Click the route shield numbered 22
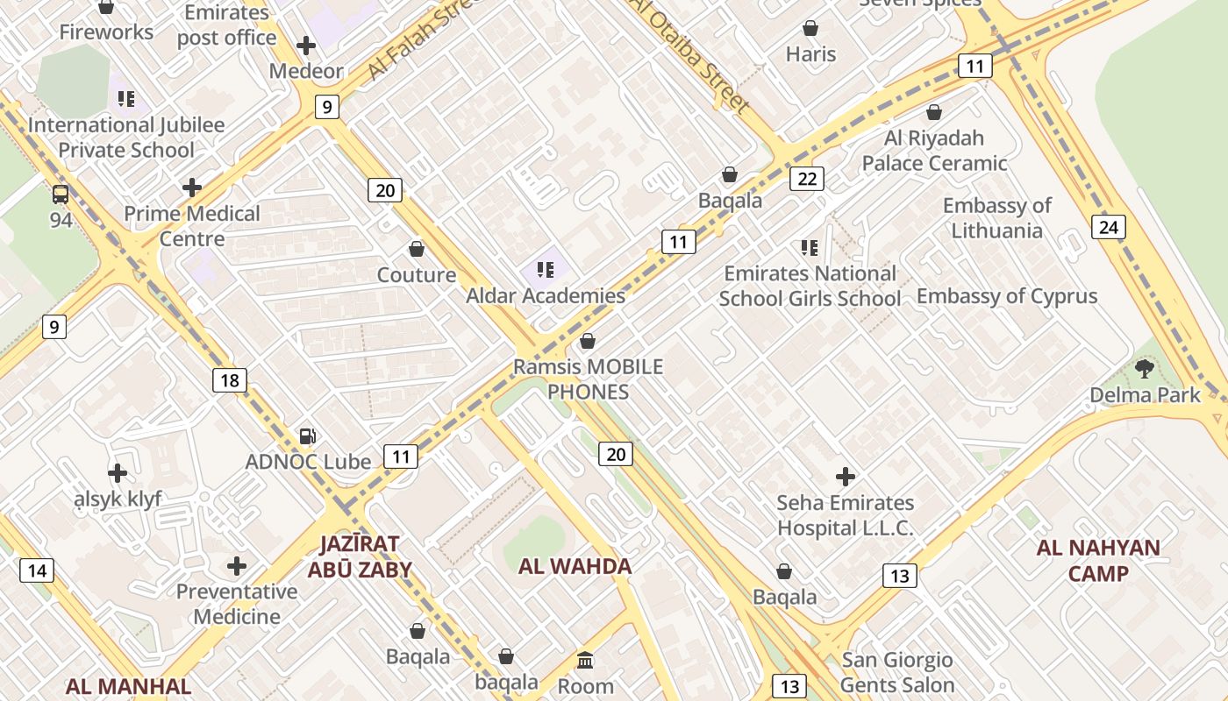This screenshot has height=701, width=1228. [x=806, y=180]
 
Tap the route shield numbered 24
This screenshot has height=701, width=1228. [x=1109, y=228]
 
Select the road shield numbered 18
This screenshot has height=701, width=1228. [x=229, y=380]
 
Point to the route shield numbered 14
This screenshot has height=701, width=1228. [x=37, y=571]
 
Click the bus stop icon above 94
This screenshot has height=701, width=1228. [x=61, y=195]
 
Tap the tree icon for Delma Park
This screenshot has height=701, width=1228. [x=1144, y=368]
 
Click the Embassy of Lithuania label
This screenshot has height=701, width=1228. [x=996, y=218]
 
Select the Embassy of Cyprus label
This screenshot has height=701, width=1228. [x=1007, y=296]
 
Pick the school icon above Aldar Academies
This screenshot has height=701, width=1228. [x=546, y=269]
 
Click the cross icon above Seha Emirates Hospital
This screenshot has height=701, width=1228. [x=845, y=477]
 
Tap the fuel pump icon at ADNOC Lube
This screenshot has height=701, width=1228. [x=307, y=435]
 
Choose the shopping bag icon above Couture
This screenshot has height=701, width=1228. [x=417, y=250]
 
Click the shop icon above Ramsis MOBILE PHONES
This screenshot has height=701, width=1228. [x=588, y=341]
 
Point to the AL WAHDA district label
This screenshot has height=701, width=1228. [x=575, y=566]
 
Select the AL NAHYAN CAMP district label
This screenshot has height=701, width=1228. [x=1097, y=561]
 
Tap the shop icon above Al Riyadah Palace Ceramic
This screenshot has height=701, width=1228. [x=934, y=113]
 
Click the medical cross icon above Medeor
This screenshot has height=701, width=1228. [x=306, y=46]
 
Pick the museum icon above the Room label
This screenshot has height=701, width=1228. [x=585, y=660]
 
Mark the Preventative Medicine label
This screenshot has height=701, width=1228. [x=237, y=604]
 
